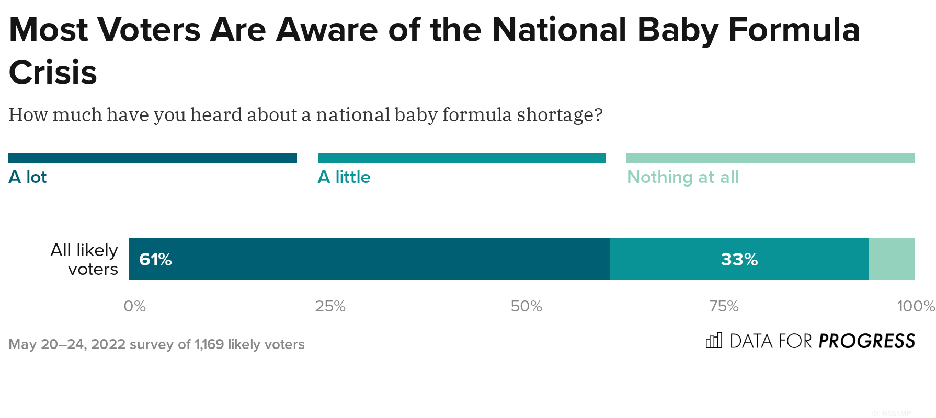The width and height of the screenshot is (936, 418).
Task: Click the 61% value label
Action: click(155, 260)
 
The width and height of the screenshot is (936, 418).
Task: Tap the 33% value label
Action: click(739, 260)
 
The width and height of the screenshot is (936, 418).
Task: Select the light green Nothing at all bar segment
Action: click(892, 260)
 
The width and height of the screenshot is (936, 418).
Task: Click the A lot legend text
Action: click(28, 177)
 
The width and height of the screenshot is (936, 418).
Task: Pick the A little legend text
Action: click(344, 177)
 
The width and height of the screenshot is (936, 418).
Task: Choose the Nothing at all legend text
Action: click(682, 177)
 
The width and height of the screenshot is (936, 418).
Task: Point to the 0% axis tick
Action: click(134, 306)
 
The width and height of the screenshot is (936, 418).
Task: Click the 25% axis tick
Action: click(330, 306)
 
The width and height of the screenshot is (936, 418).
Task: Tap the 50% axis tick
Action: click(526, 306)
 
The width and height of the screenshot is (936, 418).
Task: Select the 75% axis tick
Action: click(724, 306)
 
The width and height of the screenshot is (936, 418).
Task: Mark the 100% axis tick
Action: click(915, 306)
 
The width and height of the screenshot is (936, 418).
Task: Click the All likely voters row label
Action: click(85, 260)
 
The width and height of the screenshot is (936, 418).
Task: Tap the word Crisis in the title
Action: click(53, 72)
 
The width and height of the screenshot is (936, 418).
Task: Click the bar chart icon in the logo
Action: click(714, 341)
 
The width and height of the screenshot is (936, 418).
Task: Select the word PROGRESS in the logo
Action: click(866, 341)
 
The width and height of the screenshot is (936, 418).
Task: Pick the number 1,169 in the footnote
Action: click(209, 344)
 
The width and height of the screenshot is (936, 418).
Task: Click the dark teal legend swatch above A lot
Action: click(152, 158)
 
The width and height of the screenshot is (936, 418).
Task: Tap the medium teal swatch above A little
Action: click(461, 158)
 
